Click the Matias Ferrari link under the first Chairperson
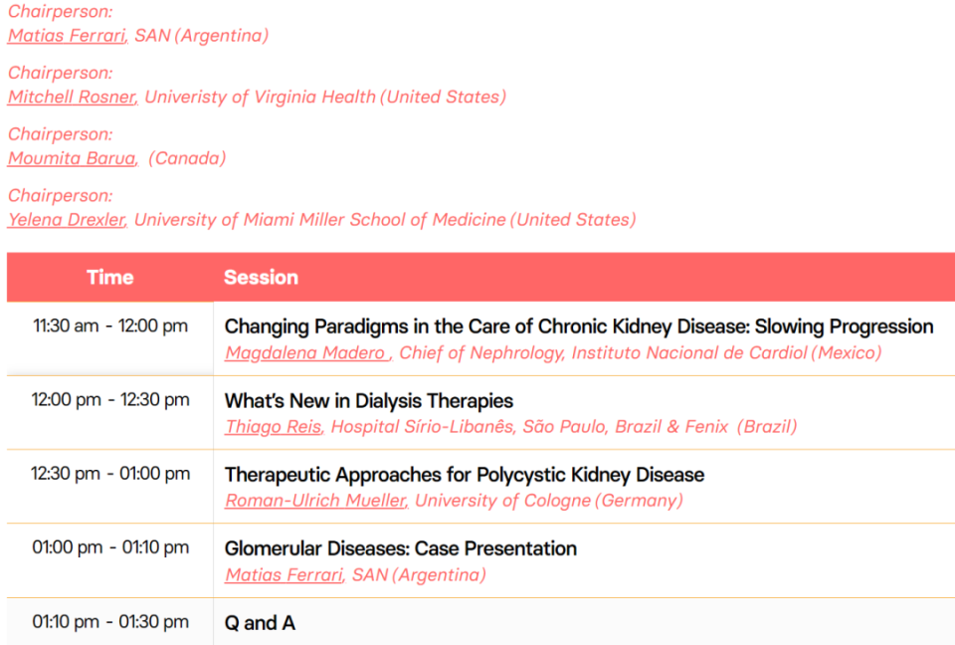click(67, 36)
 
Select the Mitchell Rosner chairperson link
click(73, 97)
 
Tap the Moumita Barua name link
click(73, 158)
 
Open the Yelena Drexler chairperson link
click(67, 219)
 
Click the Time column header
click(110, 278)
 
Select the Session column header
click(262, 278)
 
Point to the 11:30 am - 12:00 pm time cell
click(110, 326)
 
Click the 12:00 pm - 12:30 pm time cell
click(110, 400)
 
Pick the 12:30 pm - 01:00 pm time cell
click(110, 474)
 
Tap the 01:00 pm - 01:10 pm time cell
click(110, 547)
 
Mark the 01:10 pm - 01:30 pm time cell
click(110, 622)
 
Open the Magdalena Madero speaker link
click(307, 353)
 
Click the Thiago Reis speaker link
click(274, 427)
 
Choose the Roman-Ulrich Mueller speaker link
click(315, 501)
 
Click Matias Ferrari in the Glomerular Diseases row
click(284, 575)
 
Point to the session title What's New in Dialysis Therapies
click(369, 401)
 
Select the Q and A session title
click(260, 623)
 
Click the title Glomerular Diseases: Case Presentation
click(401, 548)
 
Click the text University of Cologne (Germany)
click(549, 501)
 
